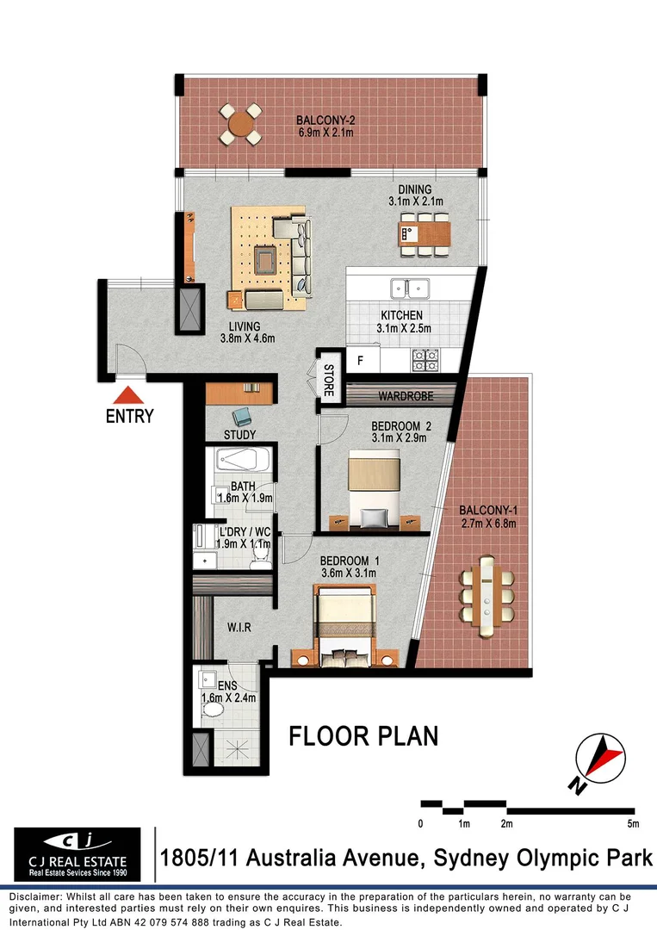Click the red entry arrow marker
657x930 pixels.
[128, 396]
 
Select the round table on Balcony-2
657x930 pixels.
[241, 124]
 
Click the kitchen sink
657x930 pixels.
[410, 288]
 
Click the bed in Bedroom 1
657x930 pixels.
[344, 624]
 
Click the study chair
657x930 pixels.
[245, 415]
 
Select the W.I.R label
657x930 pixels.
[239, 628]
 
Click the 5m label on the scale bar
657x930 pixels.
[633, 824]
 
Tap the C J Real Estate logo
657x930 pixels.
[77, 854]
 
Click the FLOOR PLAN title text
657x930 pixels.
[363, 736]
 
